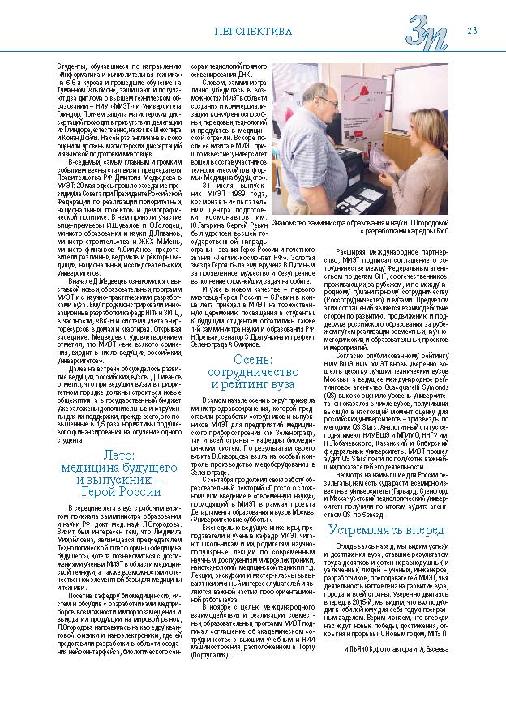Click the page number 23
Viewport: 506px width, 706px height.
[x=471, y=31]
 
